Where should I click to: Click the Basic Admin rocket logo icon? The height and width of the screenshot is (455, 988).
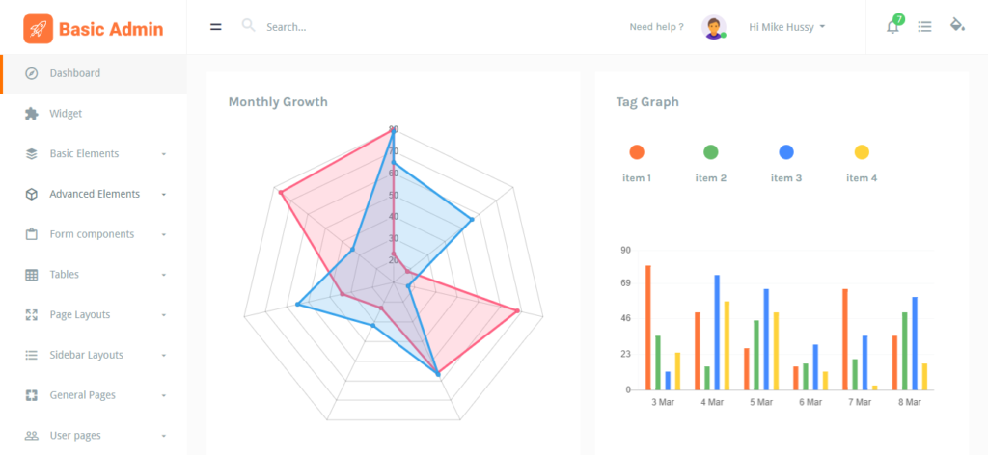tap(39, 29)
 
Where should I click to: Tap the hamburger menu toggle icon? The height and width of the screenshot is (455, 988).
tap(216, 27)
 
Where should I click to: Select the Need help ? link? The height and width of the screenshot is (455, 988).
tap(656, 27)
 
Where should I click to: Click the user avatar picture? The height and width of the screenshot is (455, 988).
tap(714, 27)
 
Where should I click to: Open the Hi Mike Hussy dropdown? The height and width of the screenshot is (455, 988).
tap(786, 27)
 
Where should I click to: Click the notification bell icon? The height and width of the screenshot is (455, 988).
tap(892, 27)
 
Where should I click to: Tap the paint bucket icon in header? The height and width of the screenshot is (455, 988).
tap(957, 25)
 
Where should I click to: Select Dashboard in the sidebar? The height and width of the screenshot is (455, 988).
tap(75, 73)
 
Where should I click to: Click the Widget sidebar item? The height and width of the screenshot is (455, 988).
tap(66, 114)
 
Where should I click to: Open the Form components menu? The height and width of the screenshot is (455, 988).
tap(92, 234)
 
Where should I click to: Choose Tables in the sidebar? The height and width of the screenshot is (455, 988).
tap(65, 275)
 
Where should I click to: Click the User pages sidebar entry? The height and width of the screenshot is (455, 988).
tap(75, 436)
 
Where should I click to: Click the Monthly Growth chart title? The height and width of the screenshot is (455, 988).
tap(278, 102)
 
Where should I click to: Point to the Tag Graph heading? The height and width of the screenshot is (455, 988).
tap(647, 102)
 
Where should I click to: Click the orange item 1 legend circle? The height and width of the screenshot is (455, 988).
tap(637, 152)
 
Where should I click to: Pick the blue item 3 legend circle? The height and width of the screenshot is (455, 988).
tap(786, 152)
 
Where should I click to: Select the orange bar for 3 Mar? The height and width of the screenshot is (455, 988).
tap(647, 328)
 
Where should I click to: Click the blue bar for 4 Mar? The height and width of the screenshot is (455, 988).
tap(717, 333)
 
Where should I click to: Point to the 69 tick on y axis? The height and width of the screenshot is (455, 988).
tap(625, 283)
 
